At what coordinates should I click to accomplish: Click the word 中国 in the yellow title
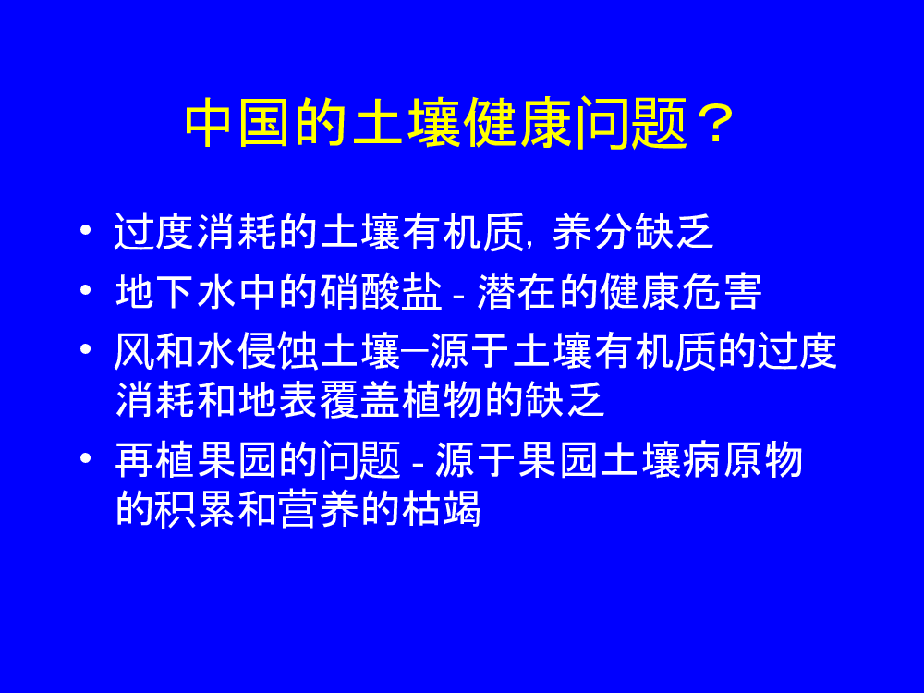pos(237,124)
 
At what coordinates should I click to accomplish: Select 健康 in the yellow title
pos(518,124)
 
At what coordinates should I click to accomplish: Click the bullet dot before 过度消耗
pos(85,230)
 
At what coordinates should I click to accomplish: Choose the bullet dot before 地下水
pos(85,289)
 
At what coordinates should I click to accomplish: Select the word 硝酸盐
pos(381,291)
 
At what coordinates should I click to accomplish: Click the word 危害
pos(722,291)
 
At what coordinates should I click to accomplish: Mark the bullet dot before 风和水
pos(85,349)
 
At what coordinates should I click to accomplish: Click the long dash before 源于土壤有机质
pos(414,350)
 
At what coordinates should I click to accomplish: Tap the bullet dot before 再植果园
pos(85,458)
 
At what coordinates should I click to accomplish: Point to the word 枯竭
pos(442,508)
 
